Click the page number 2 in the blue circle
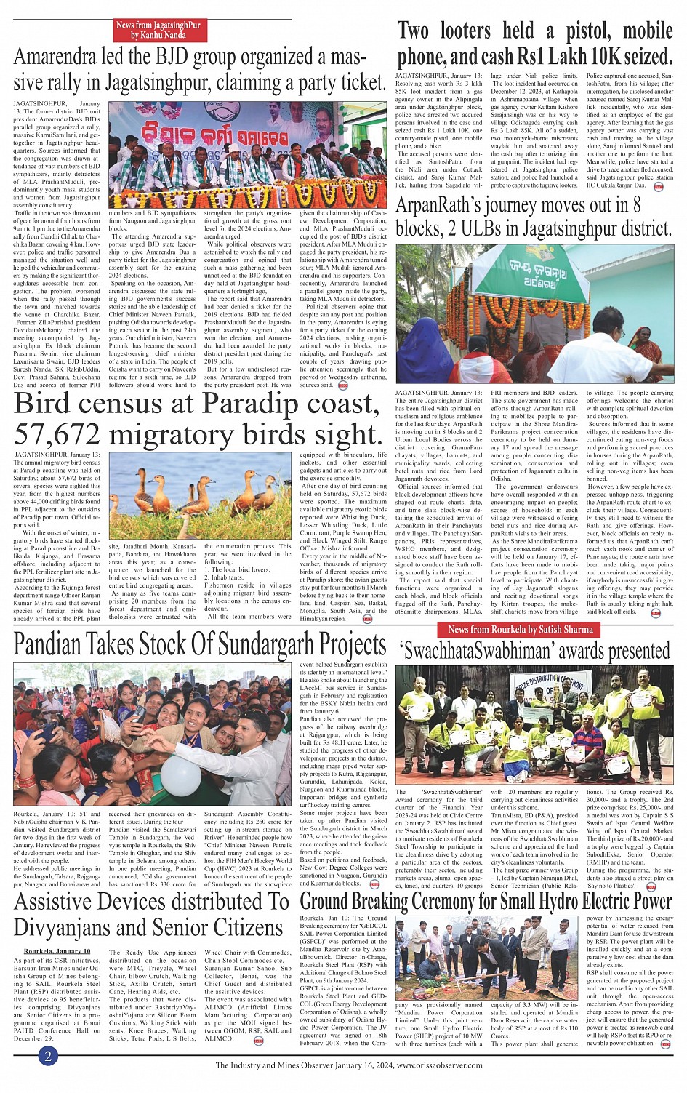48,1056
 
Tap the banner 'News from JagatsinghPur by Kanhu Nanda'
158,30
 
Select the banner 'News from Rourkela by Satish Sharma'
521,629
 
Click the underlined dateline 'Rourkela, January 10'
57,950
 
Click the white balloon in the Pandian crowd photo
180,772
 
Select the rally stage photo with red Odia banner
247,155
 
